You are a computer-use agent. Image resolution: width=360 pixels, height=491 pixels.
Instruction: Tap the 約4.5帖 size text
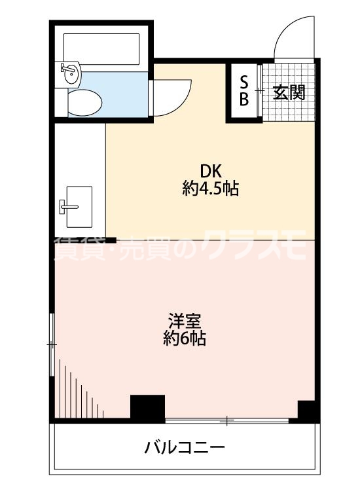[210, 190]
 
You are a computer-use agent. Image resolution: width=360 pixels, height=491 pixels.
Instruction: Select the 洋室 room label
[185, 322]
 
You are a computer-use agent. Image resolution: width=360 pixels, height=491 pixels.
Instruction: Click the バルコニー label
[185, 448]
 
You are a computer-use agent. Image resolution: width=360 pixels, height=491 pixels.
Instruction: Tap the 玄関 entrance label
[289, 92]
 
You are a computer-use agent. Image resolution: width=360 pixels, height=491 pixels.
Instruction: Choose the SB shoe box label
[243, 91]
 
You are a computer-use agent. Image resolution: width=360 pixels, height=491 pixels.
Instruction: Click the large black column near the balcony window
[147, 409]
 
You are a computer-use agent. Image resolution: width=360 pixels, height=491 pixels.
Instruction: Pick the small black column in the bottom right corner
[308, 410]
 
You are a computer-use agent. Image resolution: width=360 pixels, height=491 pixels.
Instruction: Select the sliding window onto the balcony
[227, 420]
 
